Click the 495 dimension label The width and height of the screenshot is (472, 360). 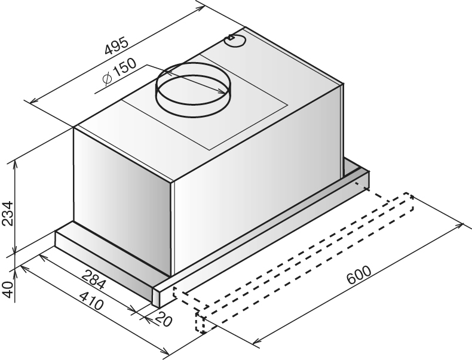(x=117, y=46)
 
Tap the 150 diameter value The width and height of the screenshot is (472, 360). (x=124, y=67)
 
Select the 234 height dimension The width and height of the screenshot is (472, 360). (x=8, y=213)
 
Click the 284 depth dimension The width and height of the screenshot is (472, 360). (x=94, y=279)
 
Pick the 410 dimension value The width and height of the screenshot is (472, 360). (x=91, y=301)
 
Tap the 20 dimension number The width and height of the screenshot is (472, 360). (x=164, y=319)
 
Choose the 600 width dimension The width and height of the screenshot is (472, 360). (x=359, y=275)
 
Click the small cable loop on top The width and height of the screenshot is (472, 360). (x=235, y=41)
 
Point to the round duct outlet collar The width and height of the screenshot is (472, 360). (x=192, y=90)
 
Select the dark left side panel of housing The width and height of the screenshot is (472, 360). (x=122, y=200)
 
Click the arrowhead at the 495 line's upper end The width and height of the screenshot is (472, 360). (x=200, y=8)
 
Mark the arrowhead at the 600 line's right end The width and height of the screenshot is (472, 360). (x=459, y=226)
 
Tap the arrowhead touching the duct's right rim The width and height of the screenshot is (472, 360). (x=223, y=91)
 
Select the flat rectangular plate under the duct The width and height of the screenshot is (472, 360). (x=205, y=102)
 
